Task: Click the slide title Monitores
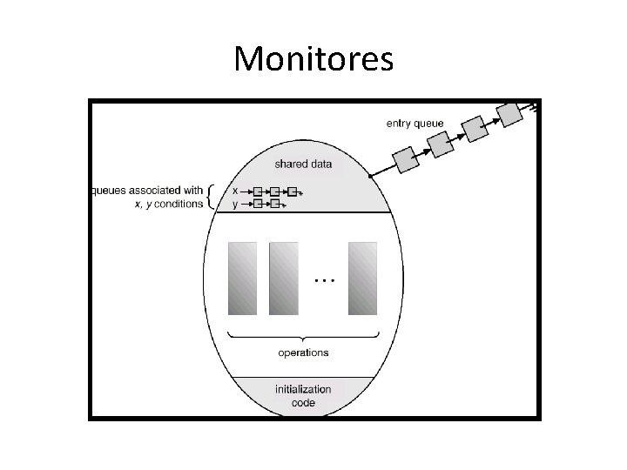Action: pos(313,59)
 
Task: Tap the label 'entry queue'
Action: pos(415,124)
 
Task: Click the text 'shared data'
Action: pos(303,164)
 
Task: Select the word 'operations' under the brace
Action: pos(303,352)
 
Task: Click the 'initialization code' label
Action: pos(303,396)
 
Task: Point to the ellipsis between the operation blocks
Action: pos(323,280)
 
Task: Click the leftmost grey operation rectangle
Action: pos(243,278)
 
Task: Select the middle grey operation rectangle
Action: pos(284,278)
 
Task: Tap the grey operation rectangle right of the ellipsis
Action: pos(362,278)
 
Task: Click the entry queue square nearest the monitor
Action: pos(405,160)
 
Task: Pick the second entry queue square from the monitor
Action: pos(441,144)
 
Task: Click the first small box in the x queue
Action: pos(257,191)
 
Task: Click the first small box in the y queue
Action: pos(257,204)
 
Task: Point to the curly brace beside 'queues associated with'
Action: pos(214,197)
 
